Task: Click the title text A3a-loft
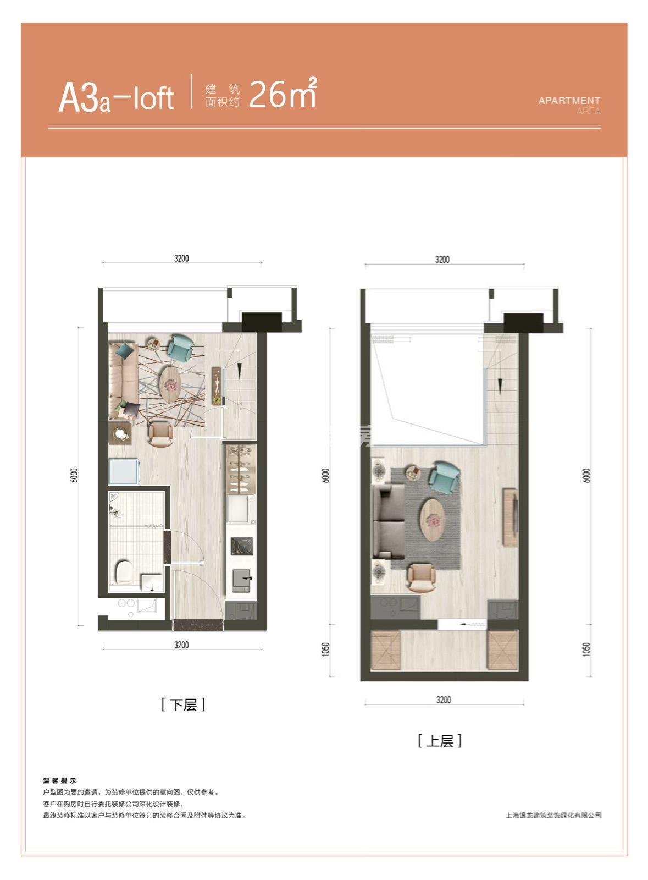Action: click(x=116, y=98)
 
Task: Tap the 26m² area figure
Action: click(x=283, y=93)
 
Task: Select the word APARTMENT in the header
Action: click(x=569, y=101)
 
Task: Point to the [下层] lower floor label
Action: click(x=183, y=705)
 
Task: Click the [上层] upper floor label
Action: click(x=440, y=741)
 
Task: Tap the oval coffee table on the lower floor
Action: click(x=171, y=384)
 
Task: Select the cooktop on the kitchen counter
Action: click(x=241, y=546)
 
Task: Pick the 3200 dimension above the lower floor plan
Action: click(x=181, y=258)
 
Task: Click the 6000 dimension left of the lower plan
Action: click(x=75, y=475)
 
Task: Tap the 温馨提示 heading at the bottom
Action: click(x=60, y=780)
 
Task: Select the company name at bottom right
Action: click(x=553, y=816)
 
